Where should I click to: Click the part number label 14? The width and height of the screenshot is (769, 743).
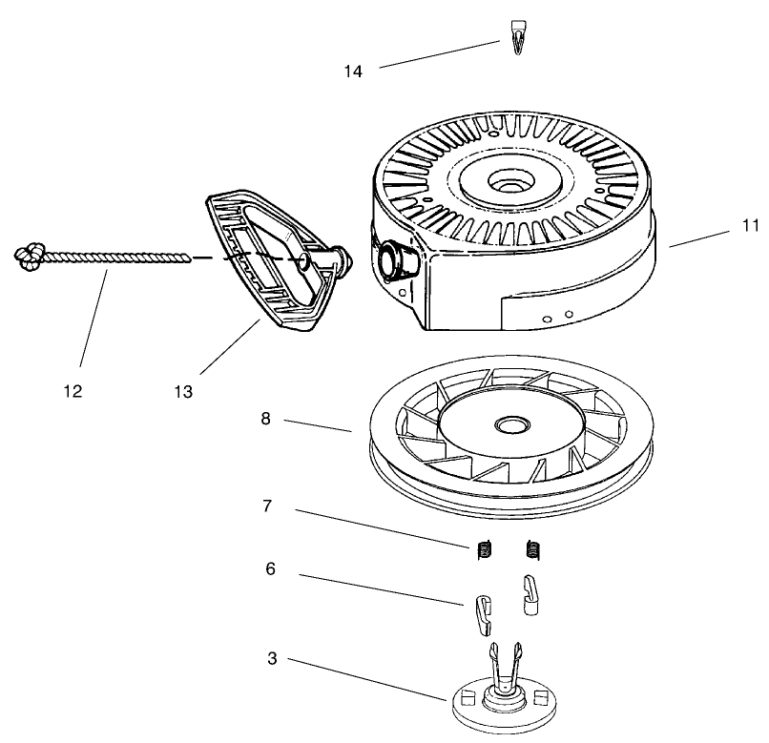[x=354, y=72]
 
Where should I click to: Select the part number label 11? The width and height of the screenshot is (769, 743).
[x=750, y=226]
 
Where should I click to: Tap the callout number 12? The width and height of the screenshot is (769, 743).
[x=73, y=391]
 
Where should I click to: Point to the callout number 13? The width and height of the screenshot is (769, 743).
[x=183, y=391]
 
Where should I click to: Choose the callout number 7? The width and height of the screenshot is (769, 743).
[x=269, y=506]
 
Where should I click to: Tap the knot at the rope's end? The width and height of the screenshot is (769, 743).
[x=28, y=255]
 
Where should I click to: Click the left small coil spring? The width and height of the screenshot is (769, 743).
[x=485, y=550]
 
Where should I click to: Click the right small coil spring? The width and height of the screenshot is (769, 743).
[x=533, y=550]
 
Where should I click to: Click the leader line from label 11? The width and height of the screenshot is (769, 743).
[x=701, y=237]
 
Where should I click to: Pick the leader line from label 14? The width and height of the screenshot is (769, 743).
[x=439, y=54]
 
